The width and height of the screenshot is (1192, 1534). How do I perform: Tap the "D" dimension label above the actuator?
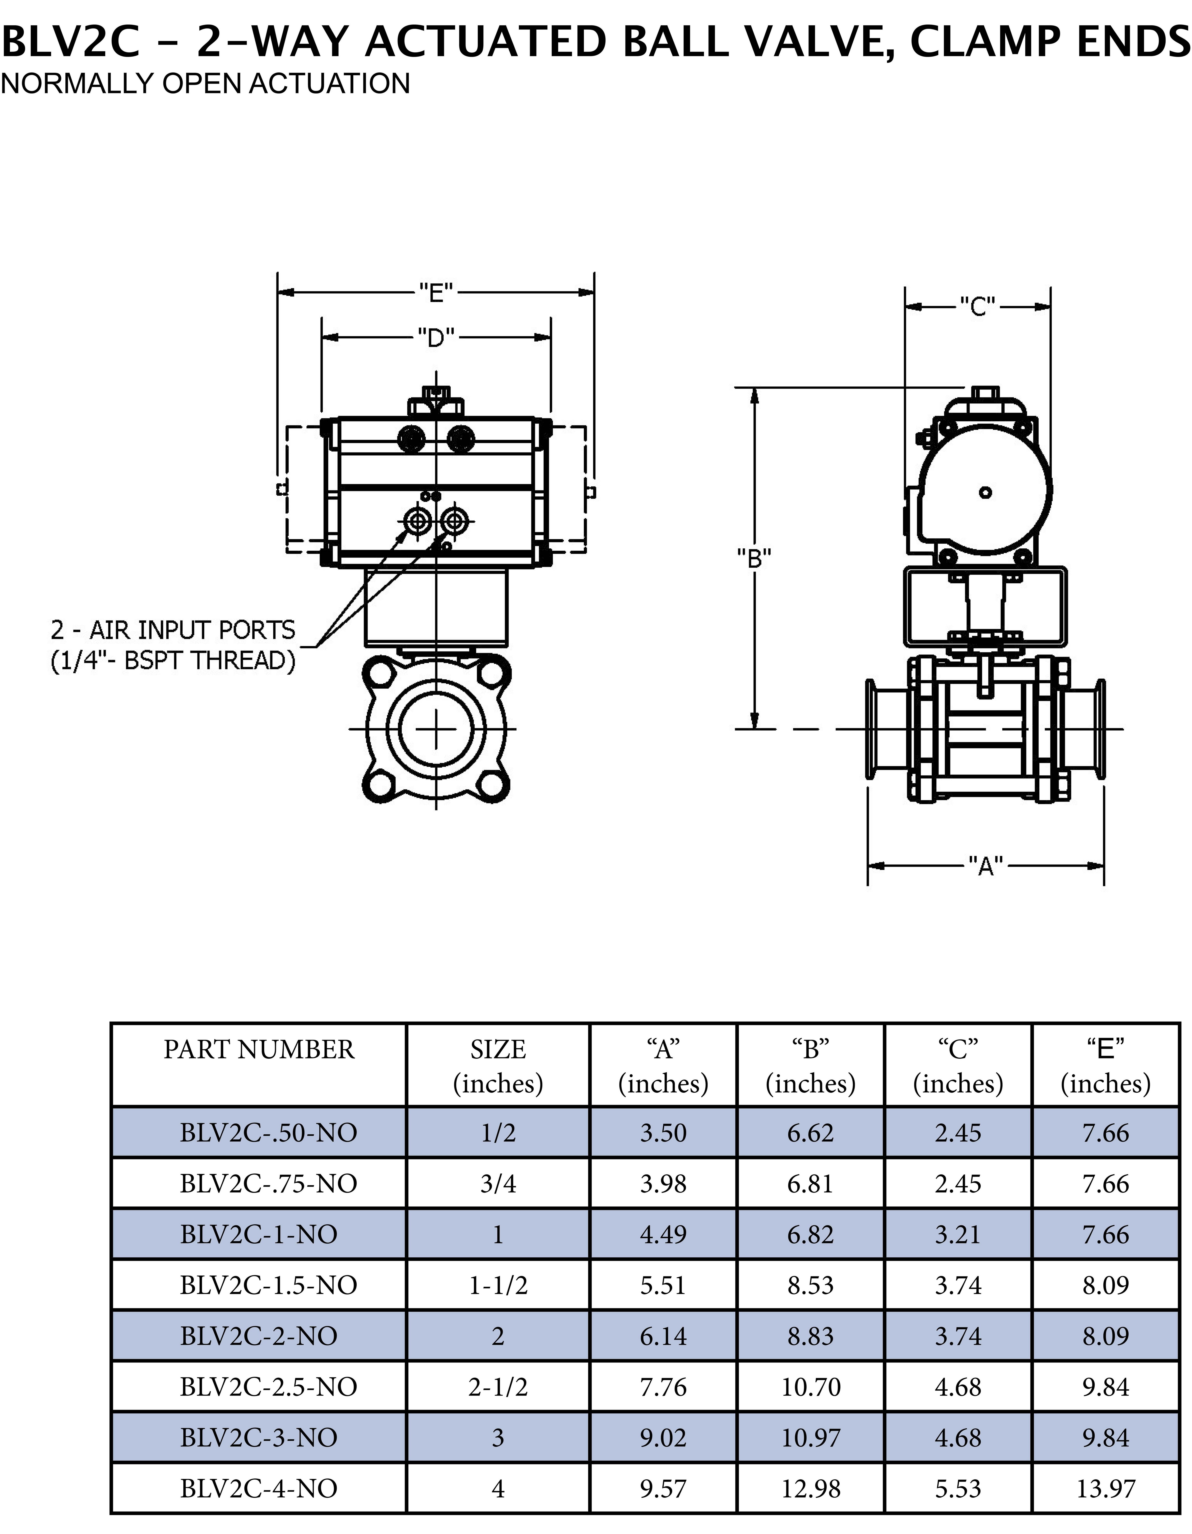point(436,338)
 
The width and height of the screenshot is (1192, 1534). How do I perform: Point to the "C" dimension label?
point(978,306)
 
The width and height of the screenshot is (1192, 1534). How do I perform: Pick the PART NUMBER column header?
point(259,1049)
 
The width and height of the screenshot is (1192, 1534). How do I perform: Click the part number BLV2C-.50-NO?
point(268,1132)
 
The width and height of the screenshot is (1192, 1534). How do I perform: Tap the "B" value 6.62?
point(811,1132)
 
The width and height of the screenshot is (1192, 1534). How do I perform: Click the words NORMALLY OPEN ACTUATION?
point(205,84)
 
